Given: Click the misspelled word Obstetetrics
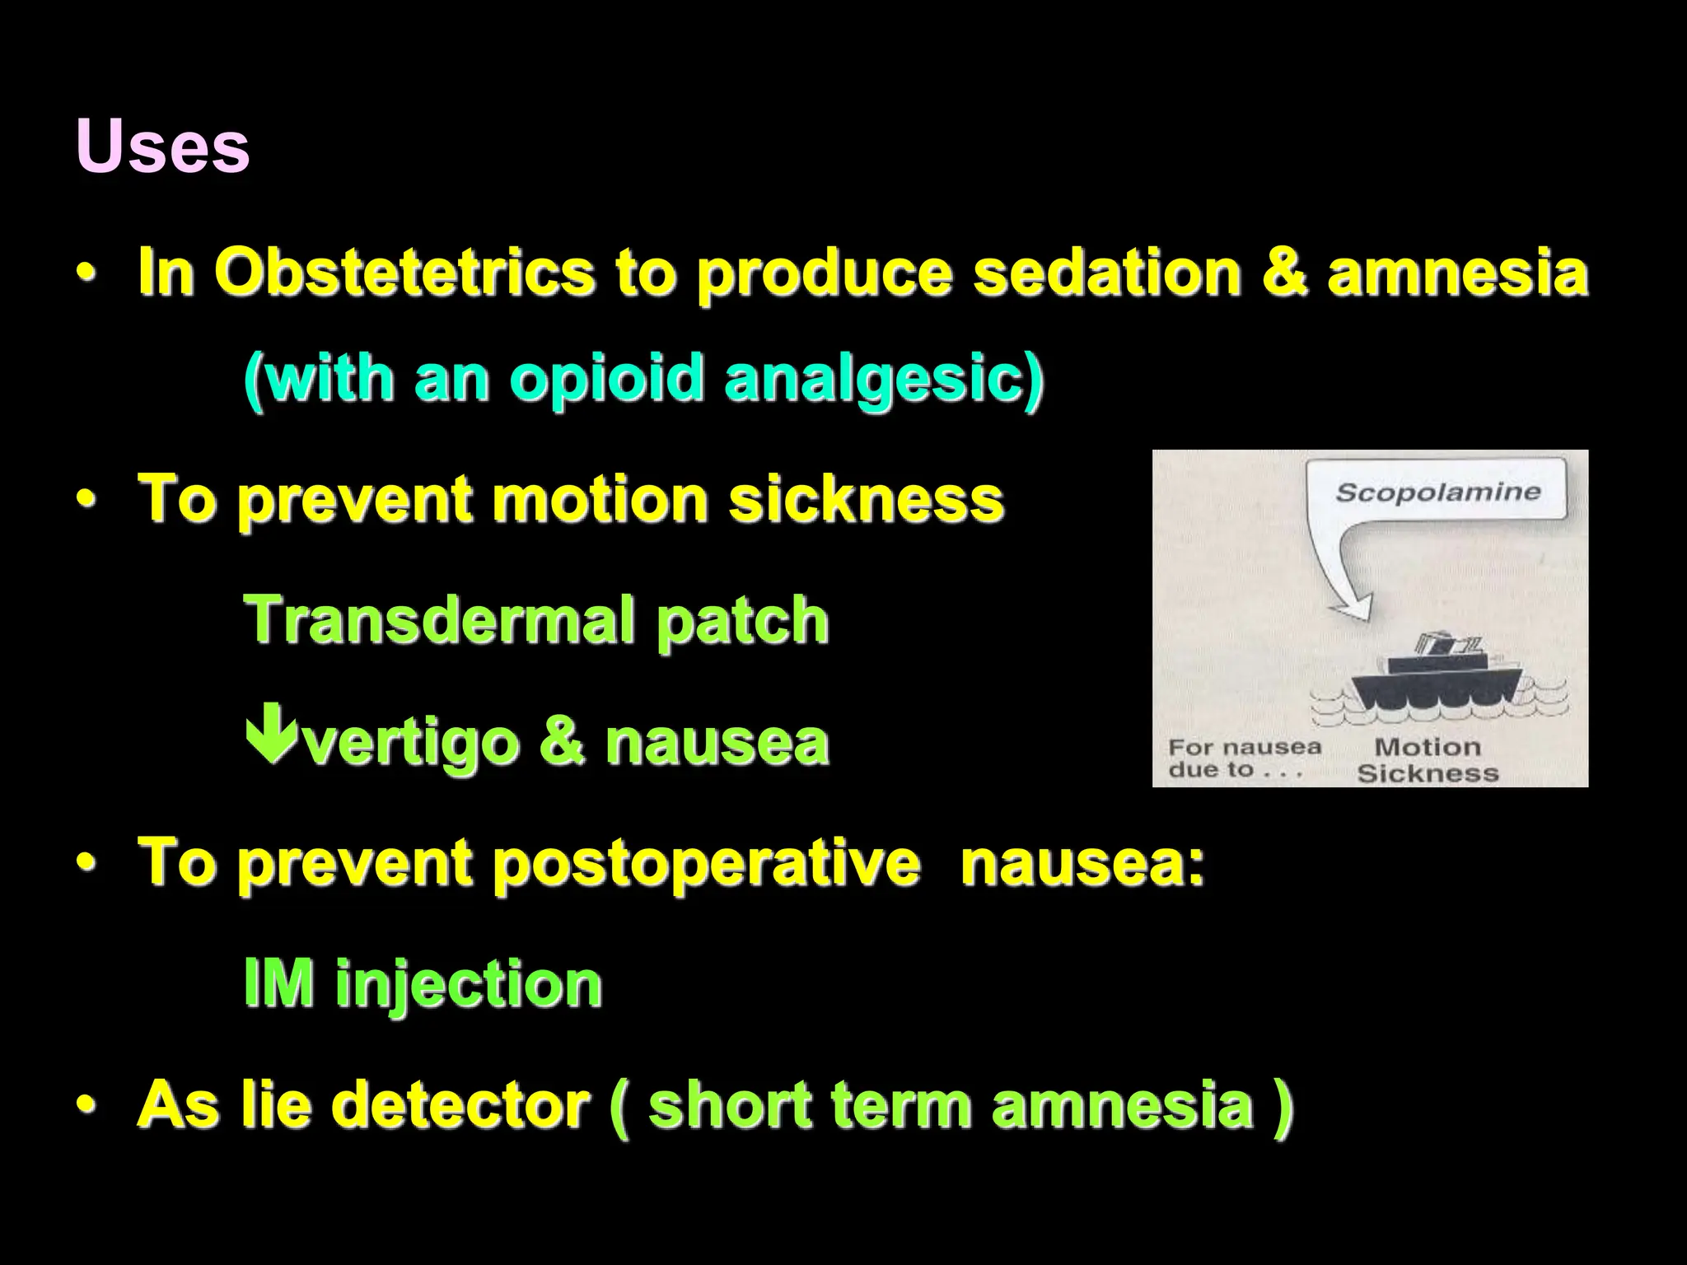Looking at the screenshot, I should pos(404,272).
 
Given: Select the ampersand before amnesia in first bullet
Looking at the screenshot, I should pos(1283,273).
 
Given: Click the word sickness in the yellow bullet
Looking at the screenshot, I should pos(866,499).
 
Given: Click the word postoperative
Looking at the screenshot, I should pos(705,864).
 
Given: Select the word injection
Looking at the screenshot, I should pos(468,985).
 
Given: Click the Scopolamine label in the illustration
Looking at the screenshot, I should pos(1437,492).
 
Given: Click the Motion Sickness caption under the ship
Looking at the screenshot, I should pos(1427,759).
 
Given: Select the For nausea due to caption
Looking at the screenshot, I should pos(1243,759).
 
